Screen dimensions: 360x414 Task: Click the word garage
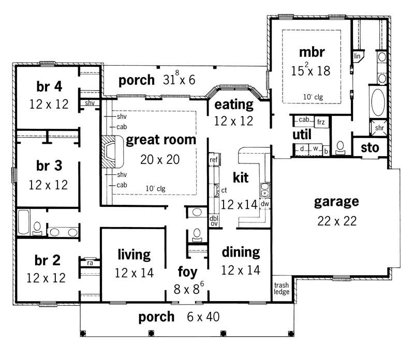[x=336, y=201]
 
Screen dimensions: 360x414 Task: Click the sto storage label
[x=370, y=148]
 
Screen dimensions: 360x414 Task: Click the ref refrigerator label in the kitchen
[x=213, y=160]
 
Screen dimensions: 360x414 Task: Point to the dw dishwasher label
[x=264, y=204]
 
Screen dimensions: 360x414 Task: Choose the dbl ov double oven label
[x=213, y=221]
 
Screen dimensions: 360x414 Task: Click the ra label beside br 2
[x=90, y=262]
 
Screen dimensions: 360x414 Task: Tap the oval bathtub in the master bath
[x=378, y=102]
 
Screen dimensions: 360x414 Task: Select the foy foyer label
[x=187, y=272]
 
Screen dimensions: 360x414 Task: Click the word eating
[x=234, y=105]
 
